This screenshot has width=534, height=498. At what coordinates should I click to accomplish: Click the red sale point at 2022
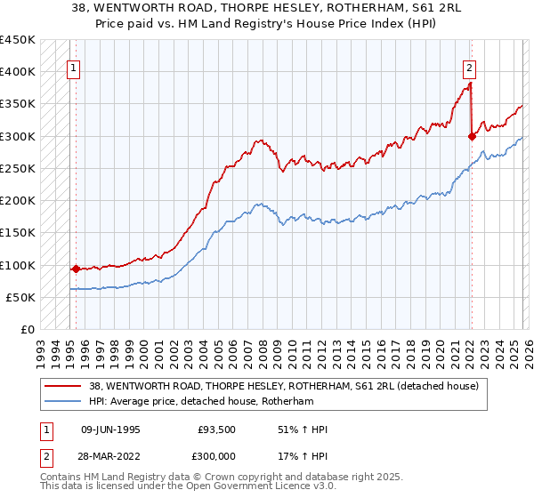point(472,136)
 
